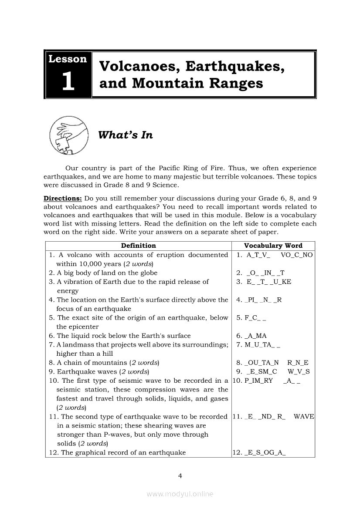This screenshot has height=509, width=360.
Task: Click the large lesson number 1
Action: pyautogui.click(x=68, y=81)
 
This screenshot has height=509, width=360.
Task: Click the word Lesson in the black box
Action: pyautogui.click(x=68, y=59)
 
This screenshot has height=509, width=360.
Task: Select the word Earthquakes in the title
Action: pyautogui.click(x=236, y=67)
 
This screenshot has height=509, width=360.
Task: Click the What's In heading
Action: pyautogui.click(x=126, y=135)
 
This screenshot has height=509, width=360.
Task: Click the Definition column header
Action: pyautogui.click(x=138, y=246)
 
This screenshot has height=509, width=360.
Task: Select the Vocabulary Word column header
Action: pyautogui.click(x=273, y=246)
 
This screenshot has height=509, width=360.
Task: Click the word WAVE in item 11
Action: pyautogui.click(x=304, y=417)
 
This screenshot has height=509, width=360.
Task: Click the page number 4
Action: pyautogui.click(x=180, y=475)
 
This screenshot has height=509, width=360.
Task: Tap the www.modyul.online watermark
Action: pyautogui.click(x=180, y=494)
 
